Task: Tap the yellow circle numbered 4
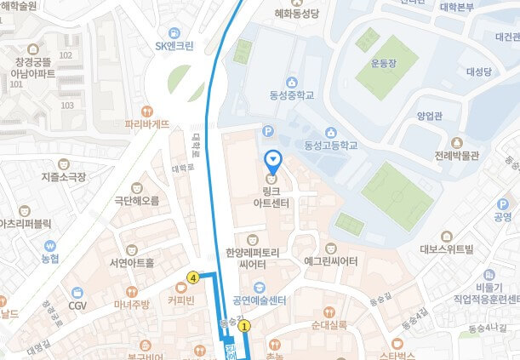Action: [194, 277]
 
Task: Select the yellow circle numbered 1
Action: [245, 325]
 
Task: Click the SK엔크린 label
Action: [174, 46]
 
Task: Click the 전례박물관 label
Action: [457, 156]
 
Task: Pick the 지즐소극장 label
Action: [63, 177]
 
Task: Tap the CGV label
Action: [78, 305]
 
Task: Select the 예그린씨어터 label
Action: [329, 261]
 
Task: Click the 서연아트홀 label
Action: [131, 262]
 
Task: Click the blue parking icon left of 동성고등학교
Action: [269, 131]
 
